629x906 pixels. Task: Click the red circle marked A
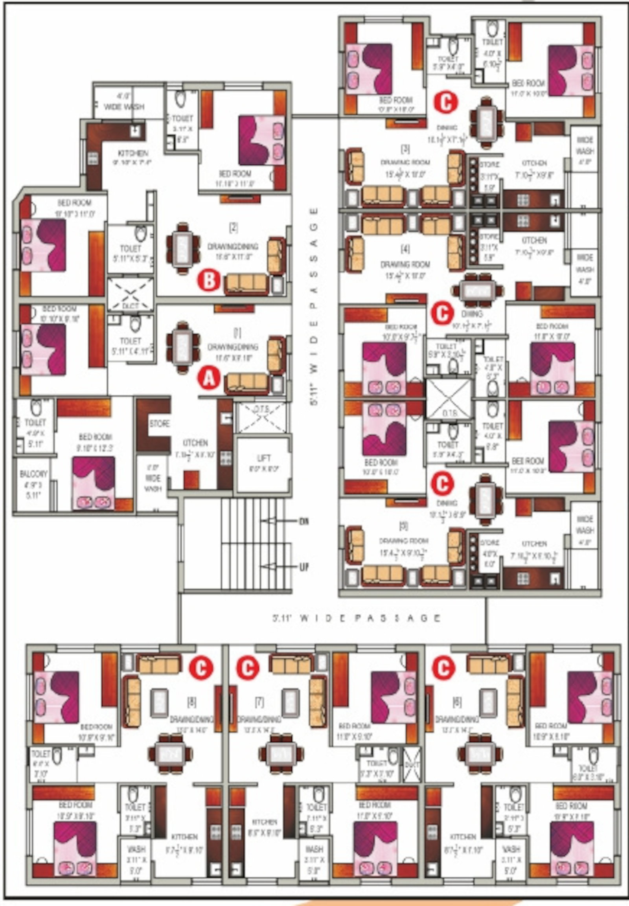pyautogui.click(x=209, y=379)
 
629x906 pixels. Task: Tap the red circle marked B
pyautogui.click(x=209, y=281)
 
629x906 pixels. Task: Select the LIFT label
pyautogui.click(x=264, y=458)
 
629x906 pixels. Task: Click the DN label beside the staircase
pyautogui.click(x=304, y=521)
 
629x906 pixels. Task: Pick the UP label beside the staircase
pyautogui.click(x=304, y=567)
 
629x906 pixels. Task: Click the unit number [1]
pyautogui.click(x=237, y=333)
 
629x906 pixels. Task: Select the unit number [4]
pyautogui.click(x=405, y=249)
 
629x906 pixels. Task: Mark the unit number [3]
pyautogui.click(x=405, y=149)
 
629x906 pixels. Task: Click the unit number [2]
pyautogui.click(x=234, y=228)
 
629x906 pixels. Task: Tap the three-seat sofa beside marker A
pyautogui.click(x=247, y=384)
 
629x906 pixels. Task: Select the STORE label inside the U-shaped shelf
pyautogui.click(x=160, y=424)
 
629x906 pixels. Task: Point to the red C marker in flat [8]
pyautogui.click(x=201, y=667)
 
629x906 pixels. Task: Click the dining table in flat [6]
pyautogui.click(x=480, y=753)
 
